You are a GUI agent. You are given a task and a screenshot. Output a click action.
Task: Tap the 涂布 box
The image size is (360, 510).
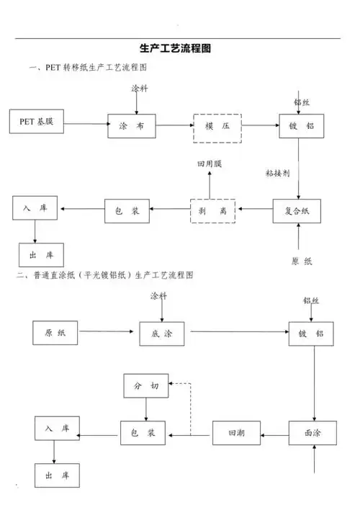(x=132, y=125)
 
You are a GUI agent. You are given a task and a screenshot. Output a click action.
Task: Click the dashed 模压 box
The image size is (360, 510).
(x=217, y=126)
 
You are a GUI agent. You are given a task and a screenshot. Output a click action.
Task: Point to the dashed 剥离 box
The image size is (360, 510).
(x=214, y=210)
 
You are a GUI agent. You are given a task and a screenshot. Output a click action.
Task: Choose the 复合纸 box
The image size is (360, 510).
(x=297, y=210)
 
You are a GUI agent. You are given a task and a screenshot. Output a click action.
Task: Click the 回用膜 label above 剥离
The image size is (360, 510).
(x=210, y=164)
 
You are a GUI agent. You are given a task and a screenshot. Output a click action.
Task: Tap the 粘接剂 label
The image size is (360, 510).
(x=277, y=174)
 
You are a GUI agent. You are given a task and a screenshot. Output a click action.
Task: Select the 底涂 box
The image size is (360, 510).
(x=161, y=334)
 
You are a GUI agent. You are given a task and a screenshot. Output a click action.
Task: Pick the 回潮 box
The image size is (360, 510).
(x=236, y=434)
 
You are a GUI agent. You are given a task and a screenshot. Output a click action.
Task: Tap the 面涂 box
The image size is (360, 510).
(x=312, y=434)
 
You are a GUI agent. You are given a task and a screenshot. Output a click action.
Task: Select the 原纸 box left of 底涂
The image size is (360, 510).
(x=55, y=333)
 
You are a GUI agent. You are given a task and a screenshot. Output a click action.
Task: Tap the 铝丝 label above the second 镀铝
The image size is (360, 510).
(x=311, y=300)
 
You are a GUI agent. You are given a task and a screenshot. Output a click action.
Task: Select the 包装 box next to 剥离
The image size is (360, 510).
(x=127, y=210)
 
